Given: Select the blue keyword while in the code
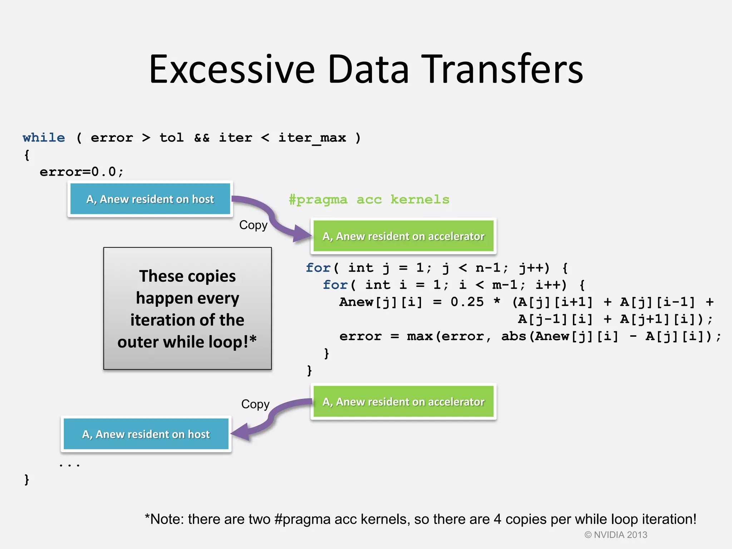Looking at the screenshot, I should pos(44,138).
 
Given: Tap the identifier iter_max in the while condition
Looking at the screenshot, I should pos(312,138).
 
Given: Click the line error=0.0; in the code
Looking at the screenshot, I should pos(81,172).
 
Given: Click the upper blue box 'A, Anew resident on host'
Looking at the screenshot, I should pos(150,199).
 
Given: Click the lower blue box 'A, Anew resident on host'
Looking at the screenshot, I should pos(146,434).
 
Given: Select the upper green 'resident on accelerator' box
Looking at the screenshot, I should pos(403,236).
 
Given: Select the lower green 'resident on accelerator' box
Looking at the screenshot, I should pos(403,402).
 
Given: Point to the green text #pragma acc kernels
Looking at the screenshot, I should pos(369,199).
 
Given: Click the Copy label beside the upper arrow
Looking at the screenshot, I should pos(253,225).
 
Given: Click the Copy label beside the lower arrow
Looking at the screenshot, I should pos(255,404).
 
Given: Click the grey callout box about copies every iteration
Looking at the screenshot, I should pos(187,308).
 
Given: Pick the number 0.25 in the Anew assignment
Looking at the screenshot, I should pos(467,302).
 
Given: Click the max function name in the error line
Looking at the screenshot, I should pos(419,336).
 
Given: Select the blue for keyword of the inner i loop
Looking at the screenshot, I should pos(335,285).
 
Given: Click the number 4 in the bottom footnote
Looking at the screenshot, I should pos(497,519).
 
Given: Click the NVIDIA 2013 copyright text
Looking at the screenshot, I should pos(616,535).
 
